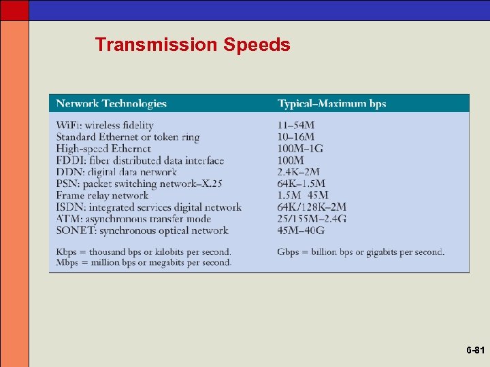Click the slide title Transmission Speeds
193,45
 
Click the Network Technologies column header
111,103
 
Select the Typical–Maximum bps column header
331,103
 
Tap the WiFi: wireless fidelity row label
105,125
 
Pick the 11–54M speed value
296,125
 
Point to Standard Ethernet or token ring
128,137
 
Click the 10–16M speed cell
296,137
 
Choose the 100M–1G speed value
300,148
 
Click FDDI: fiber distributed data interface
140,160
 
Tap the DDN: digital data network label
116,172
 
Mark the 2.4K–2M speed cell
298,172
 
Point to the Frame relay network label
102,196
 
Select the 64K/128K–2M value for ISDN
312,207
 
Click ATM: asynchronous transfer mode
133,219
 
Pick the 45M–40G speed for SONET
300,230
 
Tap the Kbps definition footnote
144,252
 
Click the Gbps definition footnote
361,252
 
